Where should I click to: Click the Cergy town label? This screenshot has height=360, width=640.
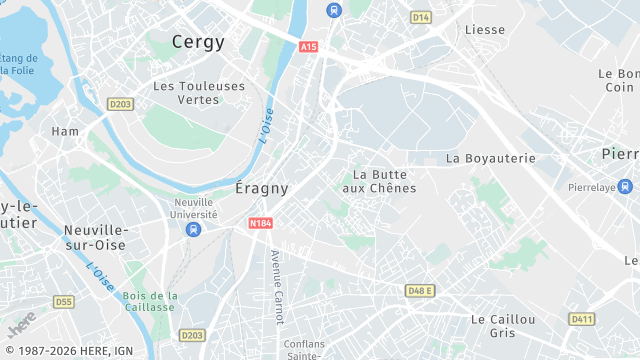point(198,42)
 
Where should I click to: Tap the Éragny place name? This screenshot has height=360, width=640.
point(262,188)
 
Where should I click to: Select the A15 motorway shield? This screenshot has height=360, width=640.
point(308,47)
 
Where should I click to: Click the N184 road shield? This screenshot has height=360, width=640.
point(261,224)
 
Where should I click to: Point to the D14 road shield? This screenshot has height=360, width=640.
point(421,17)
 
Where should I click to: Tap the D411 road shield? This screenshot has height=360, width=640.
point(581,319)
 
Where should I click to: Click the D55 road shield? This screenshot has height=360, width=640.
point(64,301)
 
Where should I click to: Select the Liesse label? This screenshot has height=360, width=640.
point(485,30)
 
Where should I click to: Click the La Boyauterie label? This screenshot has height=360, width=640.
point(491,158)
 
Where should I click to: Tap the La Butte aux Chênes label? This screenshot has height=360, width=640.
point(379,181)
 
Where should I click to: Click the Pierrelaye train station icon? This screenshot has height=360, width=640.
point(625,187)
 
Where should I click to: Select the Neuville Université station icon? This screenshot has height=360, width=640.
point(194,230)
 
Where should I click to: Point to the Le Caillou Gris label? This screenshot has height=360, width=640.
point(503,325)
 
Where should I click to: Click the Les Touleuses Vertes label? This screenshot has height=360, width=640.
point(199,93)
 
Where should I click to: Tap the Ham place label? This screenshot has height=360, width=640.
point(65,131)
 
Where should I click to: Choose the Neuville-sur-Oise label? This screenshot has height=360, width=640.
point(93,236)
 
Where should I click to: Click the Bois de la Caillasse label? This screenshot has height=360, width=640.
point(151,303)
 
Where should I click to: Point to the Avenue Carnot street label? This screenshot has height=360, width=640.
point(277,287)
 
